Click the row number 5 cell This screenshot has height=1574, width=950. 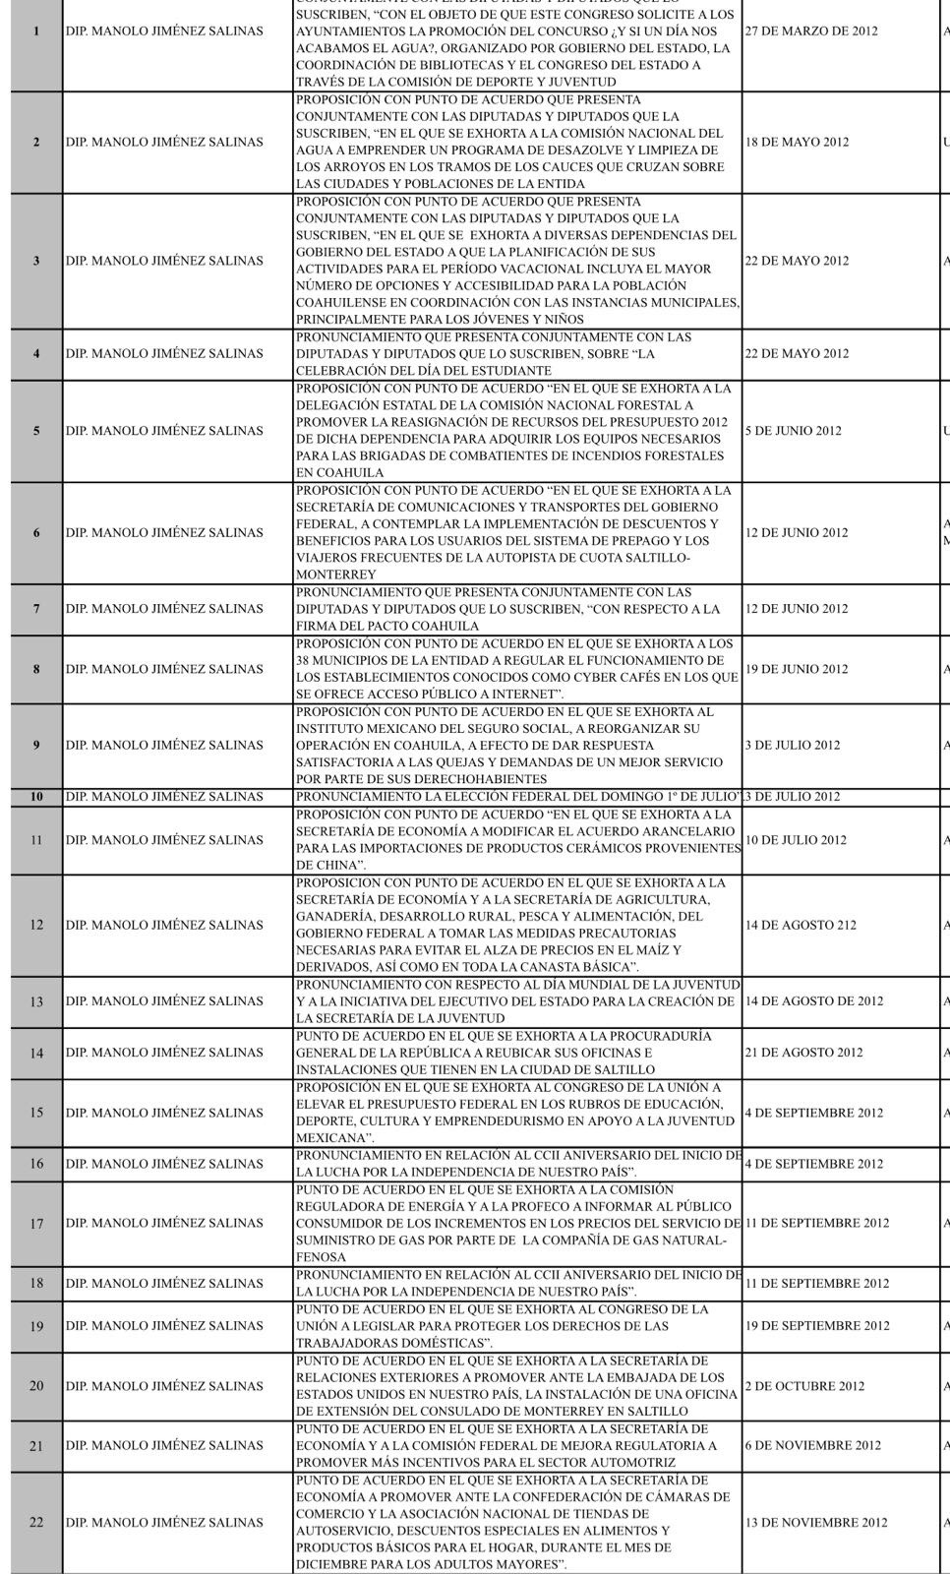coord(36,431)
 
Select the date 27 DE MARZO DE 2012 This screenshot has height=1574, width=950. coord(811,31)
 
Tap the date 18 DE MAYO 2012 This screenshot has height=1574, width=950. coord(797,143)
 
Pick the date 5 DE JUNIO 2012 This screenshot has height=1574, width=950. coord(793,431)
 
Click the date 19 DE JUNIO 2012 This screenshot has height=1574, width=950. coord(796,669)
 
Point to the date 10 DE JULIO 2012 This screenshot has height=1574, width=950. coord(796,840)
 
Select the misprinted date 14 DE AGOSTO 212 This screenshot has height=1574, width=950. coord(801,925)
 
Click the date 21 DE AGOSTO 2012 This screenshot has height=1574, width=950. coord(803,1053)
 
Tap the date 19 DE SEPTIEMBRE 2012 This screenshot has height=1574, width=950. coord(816,1326)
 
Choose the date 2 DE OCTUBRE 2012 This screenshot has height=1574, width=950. coord(804,1386)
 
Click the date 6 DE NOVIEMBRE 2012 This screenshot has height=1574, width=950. coord(812,1446)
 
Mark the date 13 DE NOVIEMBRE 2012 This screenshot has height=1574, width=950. coord(815,1523)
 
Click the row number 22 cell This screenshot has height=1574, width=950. coord(36,1523)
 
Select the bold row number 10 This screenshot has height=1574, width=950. coord(36,797)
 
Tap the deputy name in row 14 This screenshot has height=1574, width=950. coord(164,1053)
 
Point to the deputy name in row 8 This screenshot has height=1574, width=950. coord(164,669)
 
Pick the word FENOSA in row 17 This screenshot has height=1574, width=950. coord(321,1257)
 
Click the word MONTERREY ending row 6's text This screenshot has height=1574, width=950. coord(335,575)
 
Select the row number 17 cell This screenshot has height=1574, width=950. coord(36,1224)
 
